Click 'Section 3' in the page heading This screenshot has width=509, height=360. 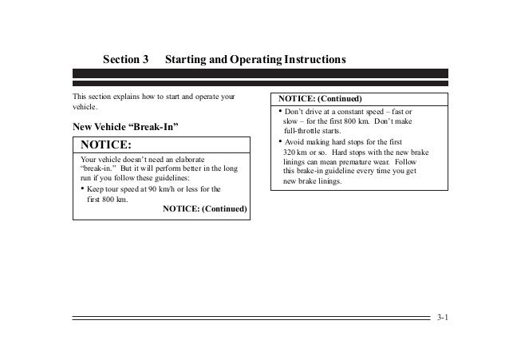[x=126, y=61]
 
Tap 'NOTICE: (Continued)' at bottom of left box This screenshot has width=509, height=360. [x=205, y=210]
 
